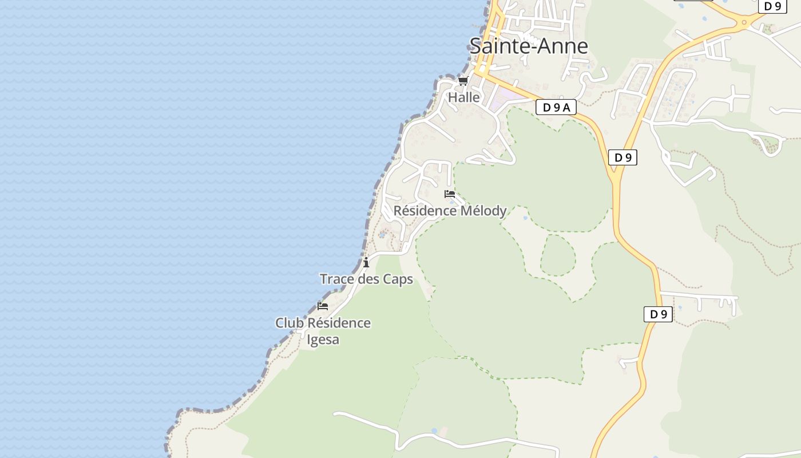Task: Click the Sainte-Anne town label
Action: (x=529, y=46)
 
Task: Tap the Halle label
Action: (x=463, y=97)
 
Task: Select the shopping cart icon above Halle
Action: (x=463, y=81)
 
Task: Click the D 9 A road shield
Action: (x=556, y=107)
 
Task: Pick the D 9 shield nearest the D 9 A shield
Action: (x=622, y=157)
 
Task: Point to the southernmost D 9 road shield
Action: (x=658, y=314)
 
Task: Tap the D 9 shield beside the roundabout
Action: (x=772, y=6)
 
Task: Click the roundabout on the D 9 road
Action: (x=744, y=23)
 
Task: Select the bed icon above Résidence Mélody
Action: (x=450, y=194)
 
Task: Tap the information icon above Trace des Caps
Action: (x=366, y=263)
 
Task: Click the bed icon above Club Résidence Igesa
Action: (x=323, y=306)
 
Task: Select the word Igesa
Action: (x=323, y=339)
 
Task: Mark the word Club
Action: (x=289, y=323)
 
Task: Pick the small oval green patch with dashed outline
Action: (x=557, y=255)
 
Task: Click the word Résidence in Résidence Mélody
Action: (x=422, y=211)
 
